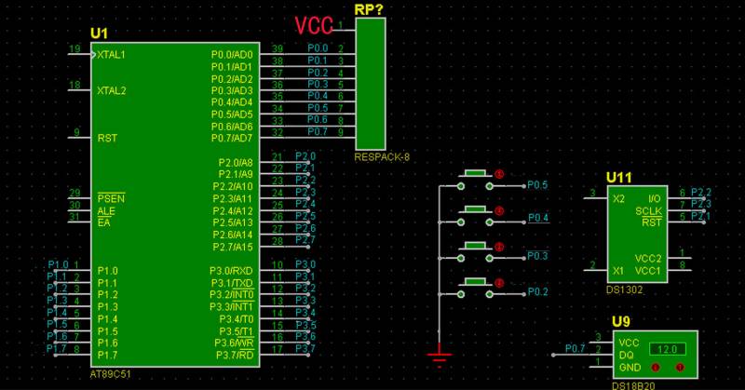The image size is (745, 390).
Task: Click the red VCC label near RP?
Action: point(314,25)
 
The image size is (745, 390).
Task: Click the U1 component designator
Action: point(99,34)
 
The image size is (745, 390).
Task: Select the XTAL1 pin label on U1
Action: point(111,55)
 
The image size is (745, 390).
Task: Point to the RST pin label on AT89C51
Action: point(107,138)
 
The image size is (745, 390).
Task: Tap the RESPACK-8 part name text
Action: point(382,157)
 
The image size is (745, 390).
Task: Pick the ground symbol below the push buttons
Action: point(439,352)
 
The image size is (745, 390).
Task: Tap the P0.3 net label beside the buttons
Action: point(537,255)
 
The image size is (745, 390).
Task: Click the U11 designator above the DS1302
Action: point(619,177)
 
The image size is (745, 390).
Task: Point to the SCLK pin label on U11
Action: point(648,211)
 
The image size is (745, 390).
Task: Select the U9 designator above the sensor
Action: point(620,323)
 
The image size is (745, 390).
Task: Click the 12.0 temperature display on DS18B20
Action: point(662,349)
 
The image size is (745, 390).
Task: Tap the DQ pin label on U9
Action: point(627,355)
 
